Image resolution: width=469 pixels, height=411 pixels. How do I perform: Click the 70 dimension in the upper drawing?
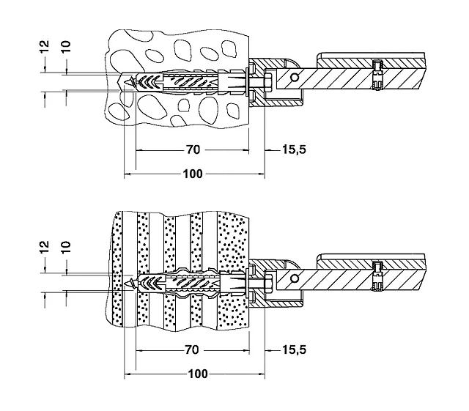click(x=192, y=149)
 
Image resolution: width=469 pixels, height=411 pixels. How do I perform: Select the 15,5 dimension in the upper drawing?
click(x=294, y=149)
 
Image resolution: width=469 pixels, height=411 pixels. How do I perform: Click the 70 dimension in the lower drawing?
click(x=192, y=349)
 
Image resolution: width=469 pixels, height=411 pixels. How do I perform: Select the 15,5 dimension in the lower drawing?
click(x=294, y=349)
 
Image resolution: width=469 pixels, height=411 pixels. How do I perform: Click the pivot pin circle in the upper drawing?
click(x=294, y=78)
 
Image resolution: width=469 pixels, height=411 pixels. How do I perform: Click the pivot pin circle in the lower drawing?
click(x=294, y=277)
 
